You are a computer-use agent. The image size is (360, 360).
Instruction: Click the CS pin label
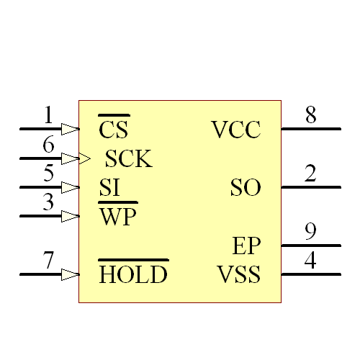point(114,130)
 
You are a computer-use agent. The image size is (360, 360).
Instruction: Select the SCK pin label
point(129,159)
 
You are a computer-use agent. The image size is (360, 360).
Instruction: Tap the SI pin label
point(109,188)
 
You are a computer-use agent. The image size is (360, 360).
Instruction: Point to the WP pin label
point(118,217)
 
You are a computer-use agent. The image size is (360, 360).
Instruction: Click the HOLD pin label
point(133,274)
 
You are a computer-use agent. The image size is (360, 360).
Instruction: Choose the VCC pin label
point(236,130)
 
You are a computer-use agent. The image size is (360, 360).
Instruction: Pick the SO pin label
point(246,188)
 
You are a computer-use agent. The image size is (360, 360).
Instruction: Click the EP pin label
point(247,246)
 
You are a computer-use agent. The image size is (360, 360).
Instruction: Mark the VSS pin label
point(238,274)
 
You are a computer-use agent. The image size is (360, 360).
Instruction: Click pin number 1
point(48,115)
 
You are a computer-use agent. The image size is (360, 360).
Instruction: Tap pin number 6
point(48,145)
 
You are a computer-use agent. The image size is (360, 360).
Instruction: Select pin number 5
point(48,174)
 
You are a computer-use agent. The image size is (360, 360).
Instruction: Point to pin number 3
point(48,202)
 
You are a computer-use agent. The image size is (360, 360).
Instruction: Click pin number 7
point(48,260)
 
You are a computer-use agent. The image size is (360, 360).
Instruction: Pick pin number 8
point(310,115)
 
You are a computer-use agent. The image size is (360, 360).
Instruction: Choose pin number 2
point(310,174)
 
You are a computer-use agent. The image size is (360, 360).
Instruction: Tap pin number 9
point(310,231)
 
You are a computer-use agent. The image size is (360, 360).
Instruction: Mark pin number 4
point(310,260)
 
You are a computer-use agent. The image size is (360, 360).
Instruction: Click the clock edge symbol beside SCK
point(85,158)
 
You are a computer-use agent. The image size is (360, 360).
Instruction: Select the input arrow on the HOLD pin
point(70,274)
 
